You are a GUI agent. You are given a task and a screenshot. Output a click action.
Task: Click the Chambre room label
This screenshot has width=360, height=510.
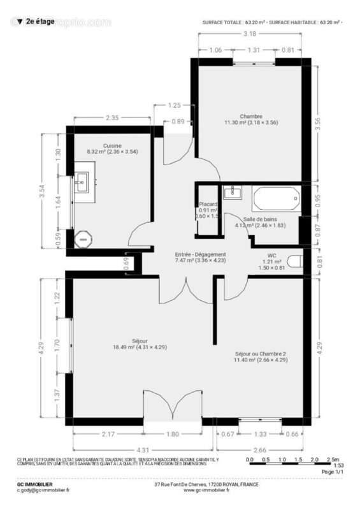(252, 116)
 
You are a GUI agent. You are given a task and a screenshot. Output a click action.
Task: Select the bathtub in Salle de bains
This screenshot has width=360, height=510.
(276, 199)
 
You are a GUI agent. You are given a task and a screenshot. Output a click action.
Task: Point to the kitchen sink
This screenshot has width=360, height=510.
(82, 184)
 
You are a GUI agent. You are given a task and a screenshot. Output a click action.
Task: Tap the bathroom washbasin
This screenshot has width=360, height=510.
(233, 191)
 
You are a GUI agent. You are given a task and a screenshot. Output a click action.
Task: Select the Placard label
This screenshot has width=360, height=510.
(208, 204)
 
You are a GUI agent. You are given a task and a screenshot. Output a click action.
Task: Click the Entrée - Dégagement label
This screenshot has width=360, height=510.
(201, 254)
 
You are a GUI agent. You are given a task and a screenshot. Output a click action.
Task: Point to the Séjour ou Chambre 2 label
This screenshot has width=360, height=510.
(261, 353)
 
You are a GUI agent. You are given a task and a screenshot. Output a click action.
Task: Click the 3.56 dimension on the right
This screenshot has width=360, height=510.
(327, 125)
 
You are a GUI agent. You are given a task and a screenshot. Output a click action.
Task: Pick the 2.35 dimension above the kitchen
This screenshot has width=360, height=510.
(112, 117)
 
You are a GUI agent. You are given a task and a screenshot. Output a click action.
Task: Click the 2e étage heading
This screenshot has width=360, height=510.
(38, 22)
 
